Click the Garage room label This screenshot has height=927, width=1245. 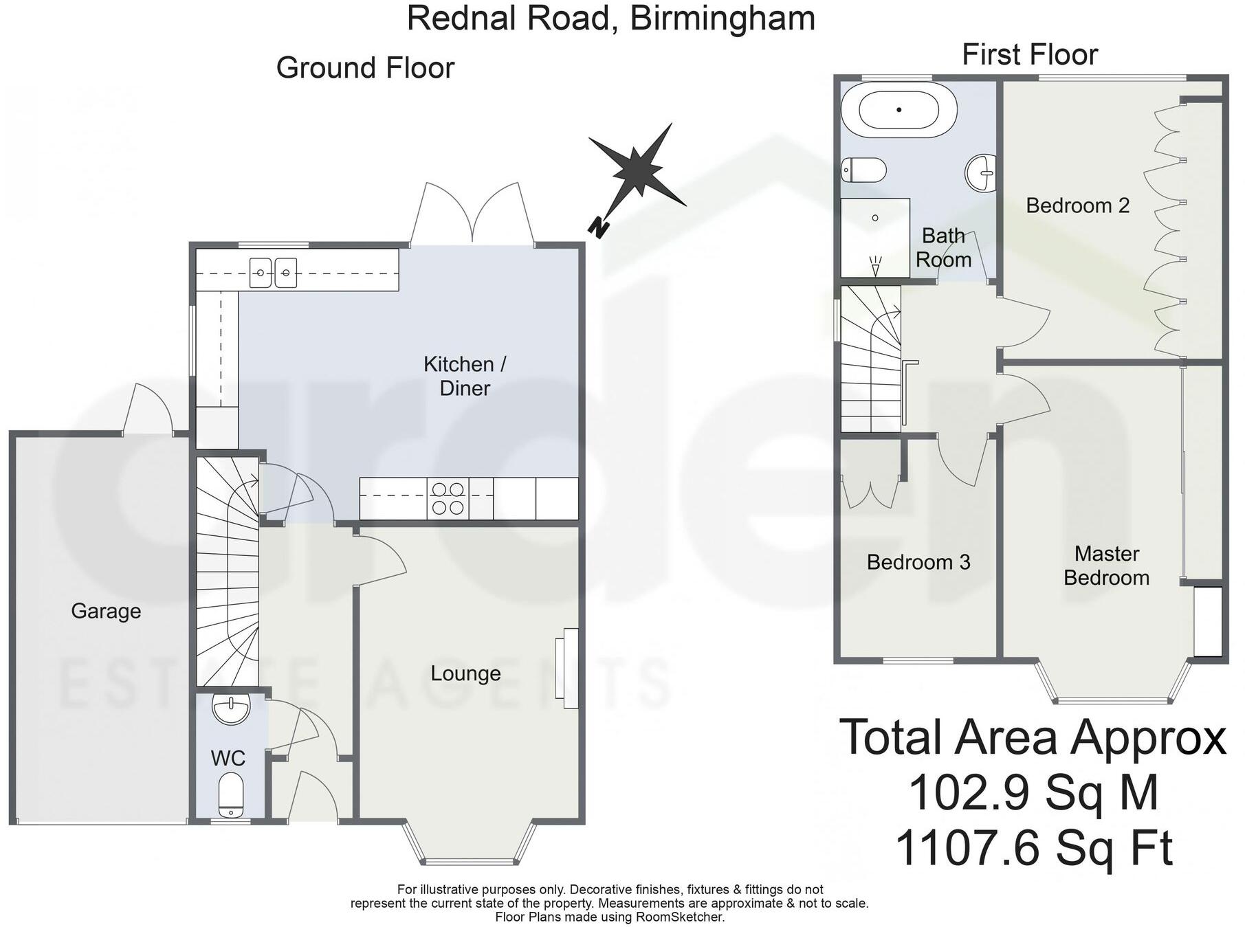click(x=106, y=611)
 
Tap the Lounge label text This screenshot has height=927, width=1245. click(x=465, y=673)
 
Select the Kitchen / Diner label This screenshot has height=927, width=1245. click(x=465, y=376)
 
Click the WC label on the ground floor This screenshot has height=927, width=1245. click(x=228, y=759)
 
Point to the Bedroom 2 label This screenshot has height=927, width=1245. click(x=1077, y=205)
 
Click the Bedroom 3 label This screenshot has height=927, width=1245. click(x=918, y=562)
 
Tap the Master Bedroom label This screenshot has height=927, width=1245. click(x=1106, y=566)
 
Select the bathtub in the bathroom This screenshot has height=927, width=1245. click(x=899, y=110)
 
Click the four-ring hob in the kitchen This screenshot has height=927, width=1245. click(x=448, y=499)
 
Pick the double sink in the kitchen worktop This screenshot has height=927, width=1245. click(x=273, y=273)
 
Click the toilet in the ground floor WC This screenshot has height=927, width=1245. click(x=231, y=795)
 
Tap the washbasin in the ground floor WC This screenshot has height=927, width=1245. click(x=231, y=709)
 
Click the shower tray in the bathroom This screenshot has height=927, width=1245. click(x=875, y=238)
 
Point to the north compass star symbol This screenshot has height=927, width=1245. click(x=638, y=167)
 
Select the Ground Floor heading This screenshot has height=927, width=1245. click(x=365, y=68)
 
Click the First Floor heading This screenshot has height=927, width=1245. click(x=1029, y=55)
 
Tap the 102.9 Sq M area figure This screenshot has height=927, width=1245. click(x=1033, y=793)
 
